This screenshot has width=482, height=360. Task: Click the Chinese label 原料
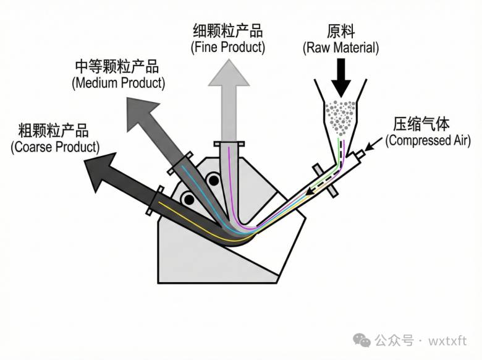point(340,31)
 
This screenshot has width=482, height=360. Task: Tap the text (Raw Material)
point(340,47)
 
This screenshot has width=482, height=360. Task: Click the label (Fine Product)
point(227,46)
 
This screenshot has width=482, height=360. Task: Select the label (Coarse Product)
point(54,147)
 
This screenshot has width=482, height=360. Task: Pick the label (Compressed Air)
point(428,141)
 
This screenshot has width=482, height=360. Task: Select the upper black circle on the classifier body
point(214,180)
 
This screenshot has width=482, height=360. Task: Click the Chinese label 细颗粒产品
point(228,30)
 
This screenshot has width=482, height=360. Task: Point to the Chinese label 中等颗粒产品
point(117,66)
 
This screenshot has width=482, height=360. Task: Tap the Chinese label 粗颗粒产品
point(54,131)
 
